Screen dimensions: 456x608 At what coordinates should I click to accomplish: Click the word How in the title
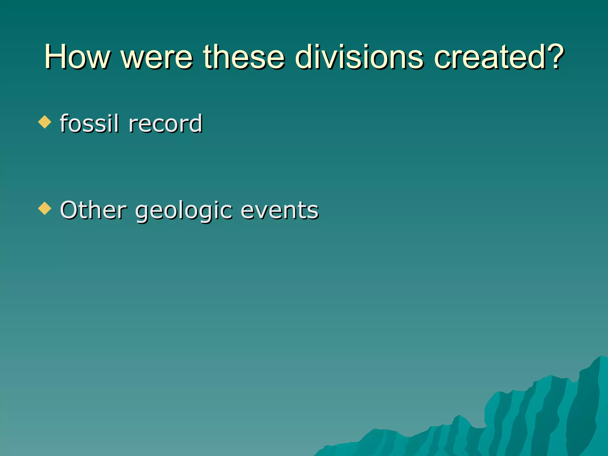pos(77,57)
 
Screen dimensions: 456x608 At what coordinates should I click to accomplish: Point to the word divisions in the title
pos(359,57)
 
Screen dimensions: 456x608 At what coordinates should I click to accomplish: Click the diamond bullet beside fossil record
pos(45,122)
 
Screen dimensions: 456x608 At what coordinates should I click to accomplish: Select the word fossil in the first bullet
pos(89,123)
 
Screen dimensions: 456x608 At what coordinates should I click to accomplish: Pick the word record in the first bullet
pos(165,123)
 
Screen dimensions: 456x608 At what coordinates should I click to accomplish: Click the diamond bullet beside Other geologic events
pos(45,208)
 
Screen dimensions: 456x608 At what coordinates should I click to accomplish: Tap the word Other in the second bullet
pos(94,210)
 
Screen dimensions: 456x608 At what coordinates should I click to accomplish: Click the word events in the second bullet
pos(279,210)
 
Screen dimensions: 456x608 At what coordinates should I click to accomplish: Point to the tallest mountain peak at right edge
pos(600,358)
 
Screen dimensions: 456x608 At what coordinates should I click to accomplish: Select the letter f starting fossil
pos(64,123)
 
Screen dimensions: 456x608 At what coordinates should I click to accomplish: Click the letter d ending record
pos(195,123)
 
